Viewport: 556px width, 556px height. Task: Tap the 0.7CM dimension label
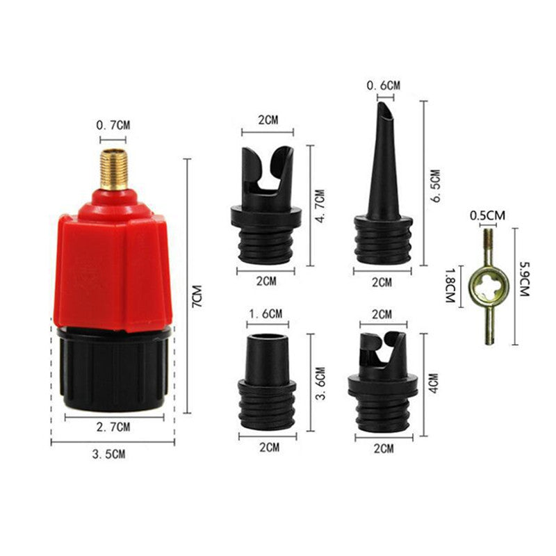coord(112,126)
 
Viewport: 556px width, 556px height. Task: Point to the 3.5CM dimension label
coord(109,455)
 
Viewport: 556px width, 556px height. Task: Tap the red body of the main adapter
coord(111,264)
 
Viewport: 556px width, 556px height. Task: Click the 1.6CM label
coord(265,313)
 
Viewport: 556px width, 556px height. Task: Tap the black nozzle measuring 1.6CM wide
coord(266,382)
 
